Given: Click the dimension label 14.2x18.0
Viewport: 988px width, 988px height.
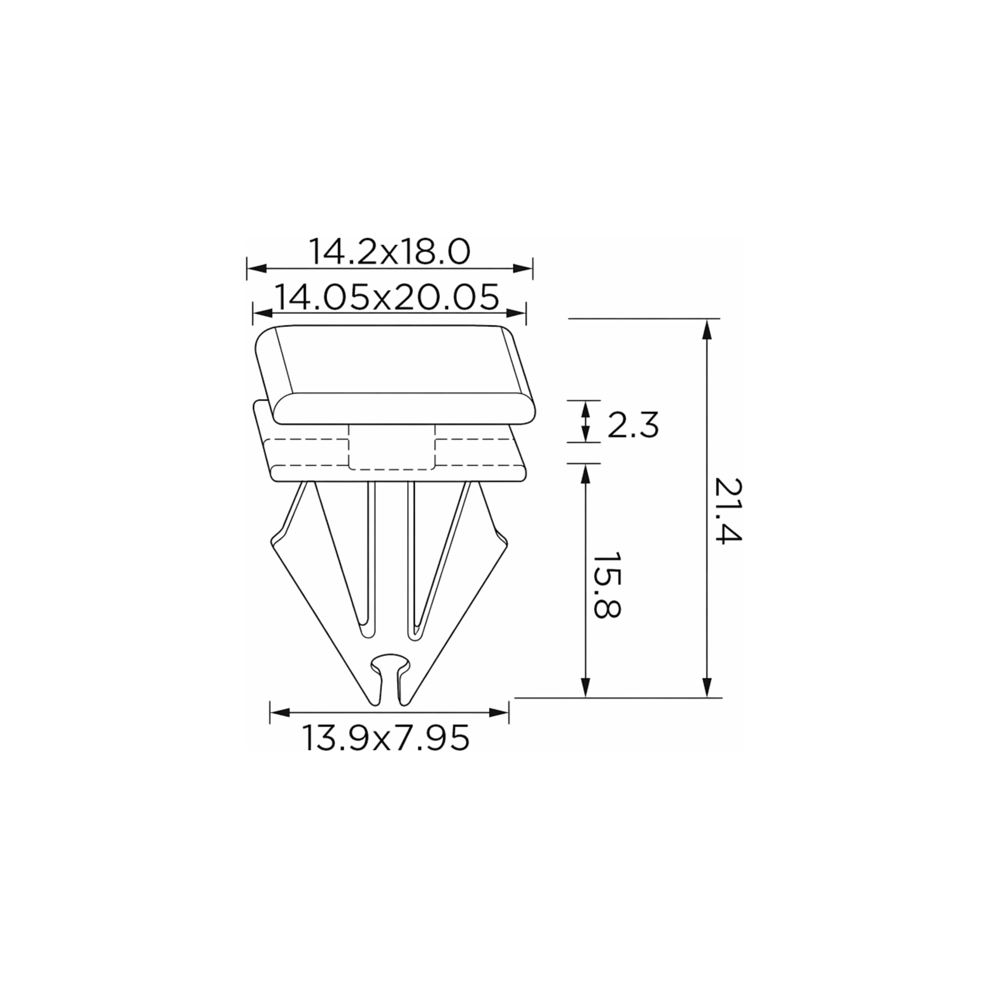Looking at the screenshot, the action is point(389,252).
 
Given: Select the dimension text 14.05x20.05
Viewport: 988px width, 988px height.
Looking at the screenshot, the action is point(387,297).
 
